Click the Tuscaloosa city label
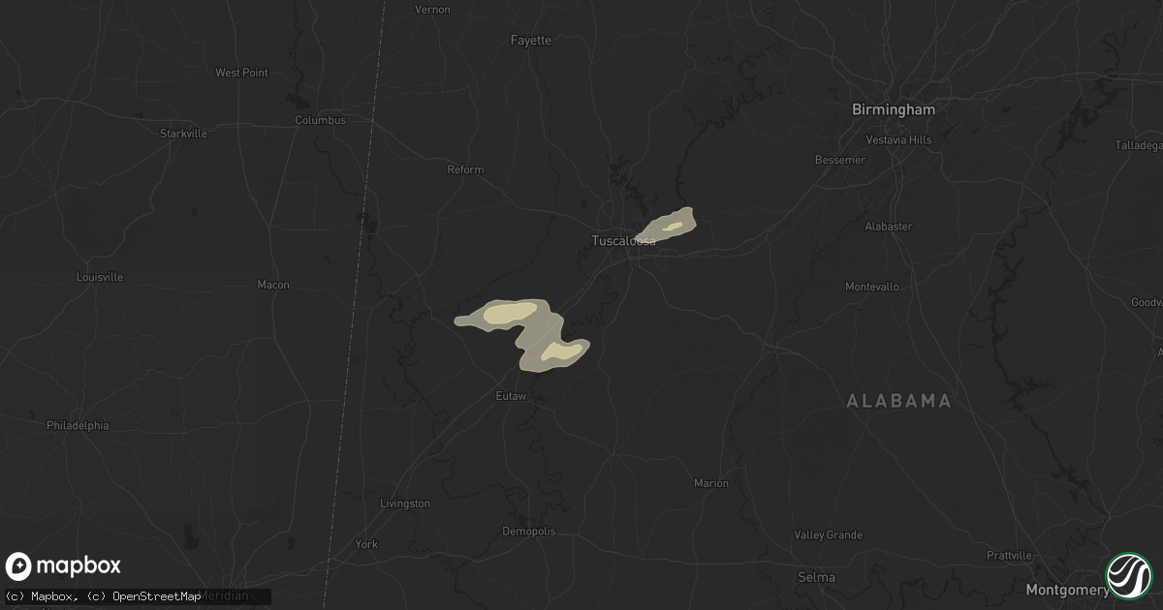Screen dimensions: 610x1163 623,241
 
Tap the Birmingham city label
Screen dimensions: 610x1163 893,109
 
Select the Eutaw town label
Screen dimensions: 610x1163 511,396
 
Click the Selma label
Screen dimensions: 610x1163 815,577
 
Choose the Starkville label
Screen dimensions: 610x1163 183,134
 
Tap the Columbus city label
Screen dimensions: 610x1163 320,120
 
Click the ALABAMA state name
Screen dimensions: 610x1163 898,401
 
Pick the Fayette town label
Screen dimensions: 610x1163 531,41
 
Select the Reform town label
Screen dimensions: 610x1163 465,169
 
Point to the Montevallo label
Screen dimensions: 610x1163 872,287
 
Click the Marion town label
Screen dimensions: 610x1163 711,483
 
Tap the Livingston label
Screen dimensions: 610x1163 405,503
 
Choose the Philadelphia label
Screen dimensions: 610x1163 78,425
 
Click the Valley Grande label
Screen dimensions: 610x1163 828,535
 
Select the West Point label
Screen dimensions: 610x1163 241,73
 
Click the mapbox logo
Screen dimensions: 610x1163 63,566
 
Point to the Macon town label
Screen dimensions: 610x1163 273,285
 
